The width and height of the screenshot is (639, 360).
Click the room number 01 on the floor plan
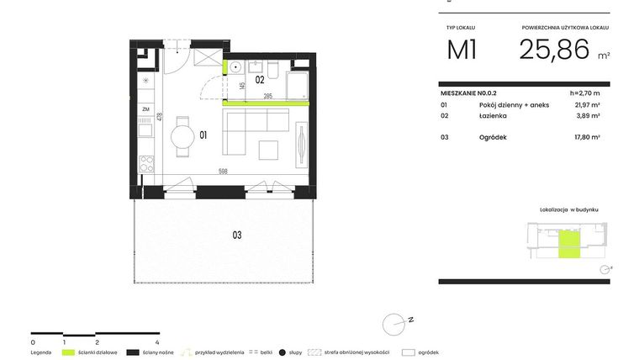point(203,134)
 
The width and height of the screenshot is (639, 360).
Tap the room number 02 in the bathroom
point(261,81)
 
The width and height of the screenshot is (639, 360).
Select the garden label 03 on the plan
point(237,235)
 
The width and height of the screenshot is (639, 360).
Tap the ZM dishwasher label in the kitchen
point(145,109)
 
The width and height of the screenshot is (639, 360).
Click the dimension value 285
point(268,97)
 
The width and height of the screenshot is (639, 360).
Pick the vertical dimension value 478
point(159,119)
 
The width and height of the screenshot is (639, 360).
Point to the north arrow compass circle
point(393,324)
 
